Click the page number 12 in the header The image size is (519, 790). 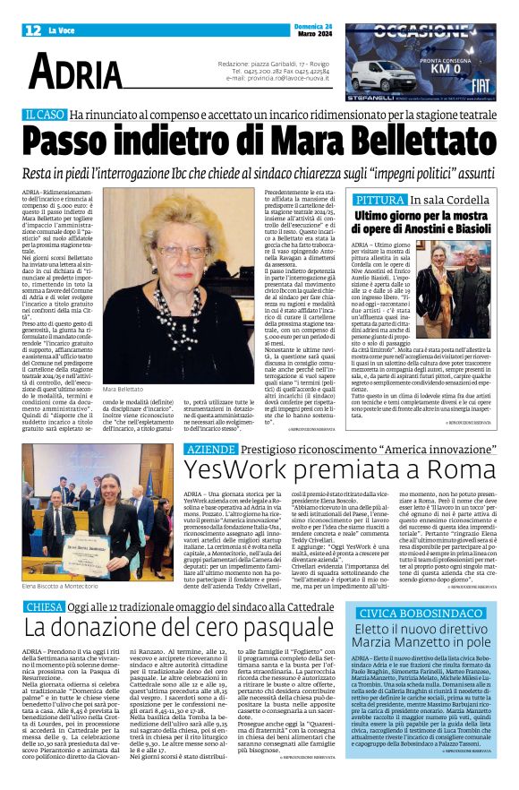(33, 30)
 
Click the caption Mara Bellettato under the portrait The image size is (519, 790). (122, 365)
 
